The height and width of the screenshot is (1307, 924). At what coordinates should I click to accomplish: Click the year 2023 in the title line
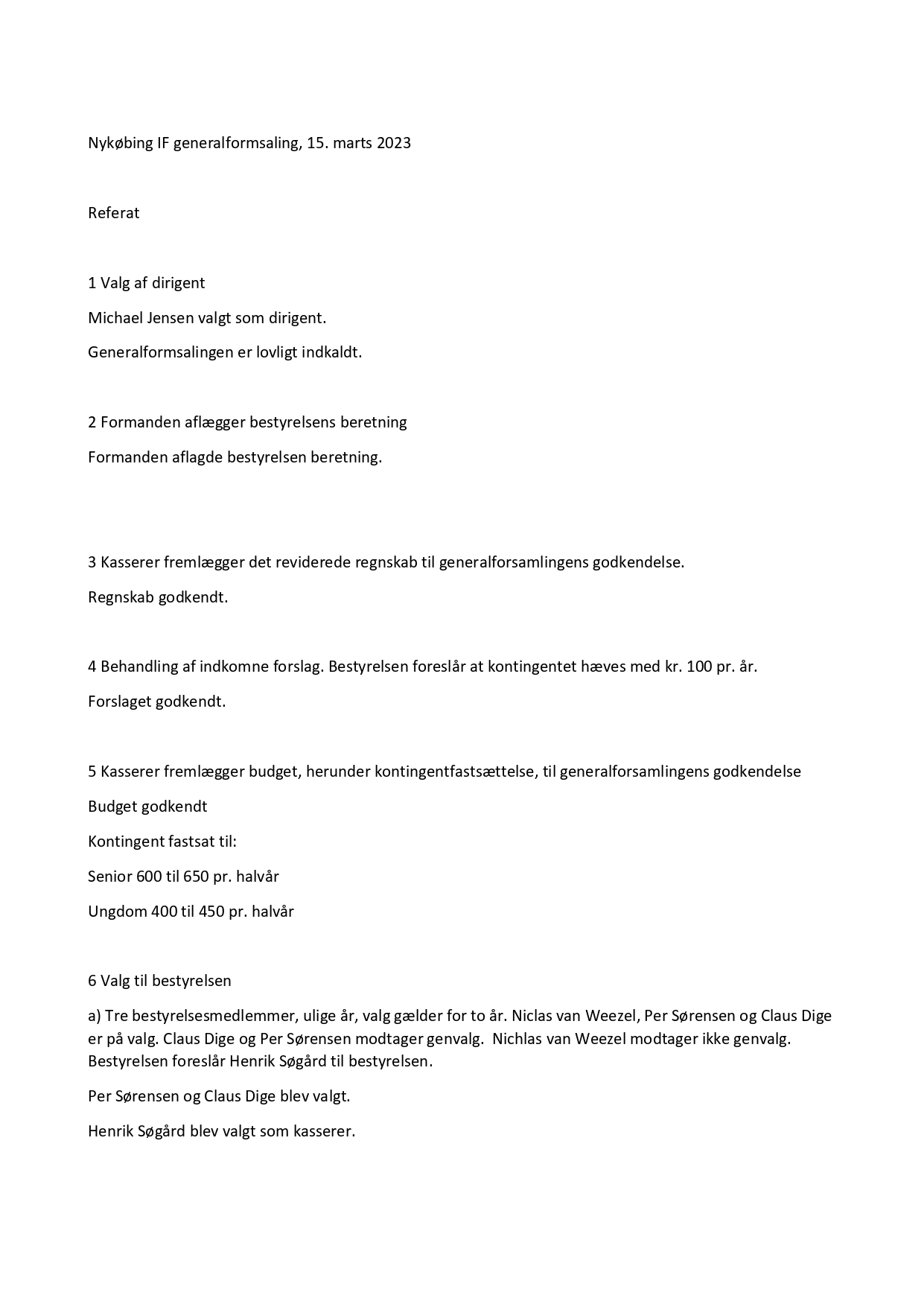(x=393, y=143)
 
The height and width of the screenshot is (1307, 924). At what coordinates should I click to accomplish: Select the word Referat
(x=114, y=213)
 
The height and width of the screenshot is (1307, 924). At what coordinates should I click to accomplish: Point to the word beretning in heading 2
(x=374, y=422)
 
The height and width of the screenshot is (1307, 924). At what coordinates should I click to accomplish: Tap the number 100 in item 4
(x=699, y=667)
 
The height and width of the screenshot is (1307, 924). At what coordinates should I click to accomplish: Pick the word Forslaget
(x=120, y=702)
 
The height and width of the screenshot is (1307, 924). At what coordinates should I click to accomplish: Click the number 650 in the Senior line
(x=196, y=877)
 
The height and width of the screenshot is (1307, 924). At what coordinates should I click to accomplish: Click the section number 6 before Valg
(x=92, y=981)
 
